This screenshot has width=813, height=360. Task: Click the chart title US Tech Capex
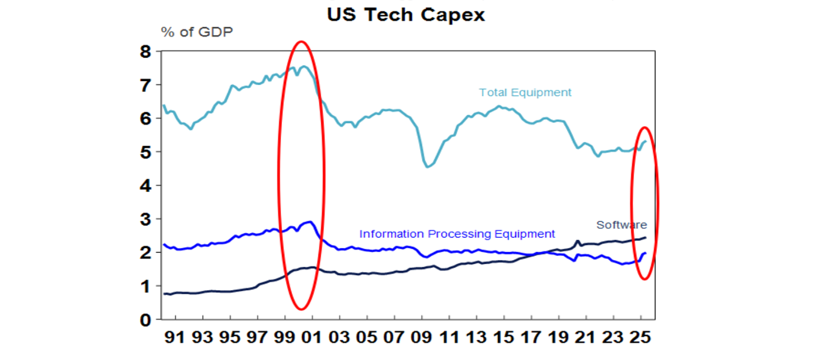tap(406, 14)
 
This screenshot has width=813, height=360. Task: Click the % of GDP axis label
tap(197, 32)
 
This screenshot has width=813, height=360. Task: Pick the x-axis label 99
tap(285, 337)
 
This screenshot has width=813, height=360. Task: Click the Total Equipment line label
tap(525, 92)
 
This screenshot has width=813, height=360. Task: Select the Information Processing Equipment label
tap(457, 233)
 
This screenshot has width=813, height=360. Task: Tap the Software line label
tap(621, 224)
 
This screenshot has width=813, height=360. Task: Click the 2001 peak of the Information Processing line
tap(310, 222)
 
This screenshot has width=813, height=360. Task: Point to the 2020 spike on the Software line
tap(578, 241)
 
